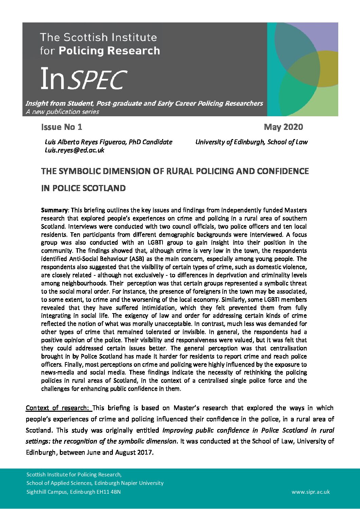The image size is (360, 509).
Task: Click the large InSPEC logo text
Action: tap(84, 79)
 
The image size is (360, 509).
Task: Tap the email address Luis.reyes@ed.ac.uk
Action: tap(74, 150)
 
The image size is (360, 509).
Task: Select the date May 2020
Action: tap(283, 127)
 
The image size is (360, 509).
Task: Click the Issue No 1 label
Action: tap(62, 127)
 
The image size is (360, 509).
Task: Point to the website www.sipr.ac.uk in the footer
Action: tap(310, 492)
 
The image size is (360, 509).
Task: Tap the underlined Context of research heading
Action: tap(57, 408)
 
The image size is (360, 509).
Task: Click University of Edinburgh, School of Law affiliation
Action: tap(251, 142)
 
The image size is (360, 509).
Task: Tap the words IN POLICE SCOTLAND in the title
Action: tap(83, 188)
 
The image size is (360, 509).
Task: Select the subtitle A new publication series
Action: tap(62, 112)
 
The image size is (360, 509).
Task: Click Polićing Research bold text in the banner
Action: tap(109, 51)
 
